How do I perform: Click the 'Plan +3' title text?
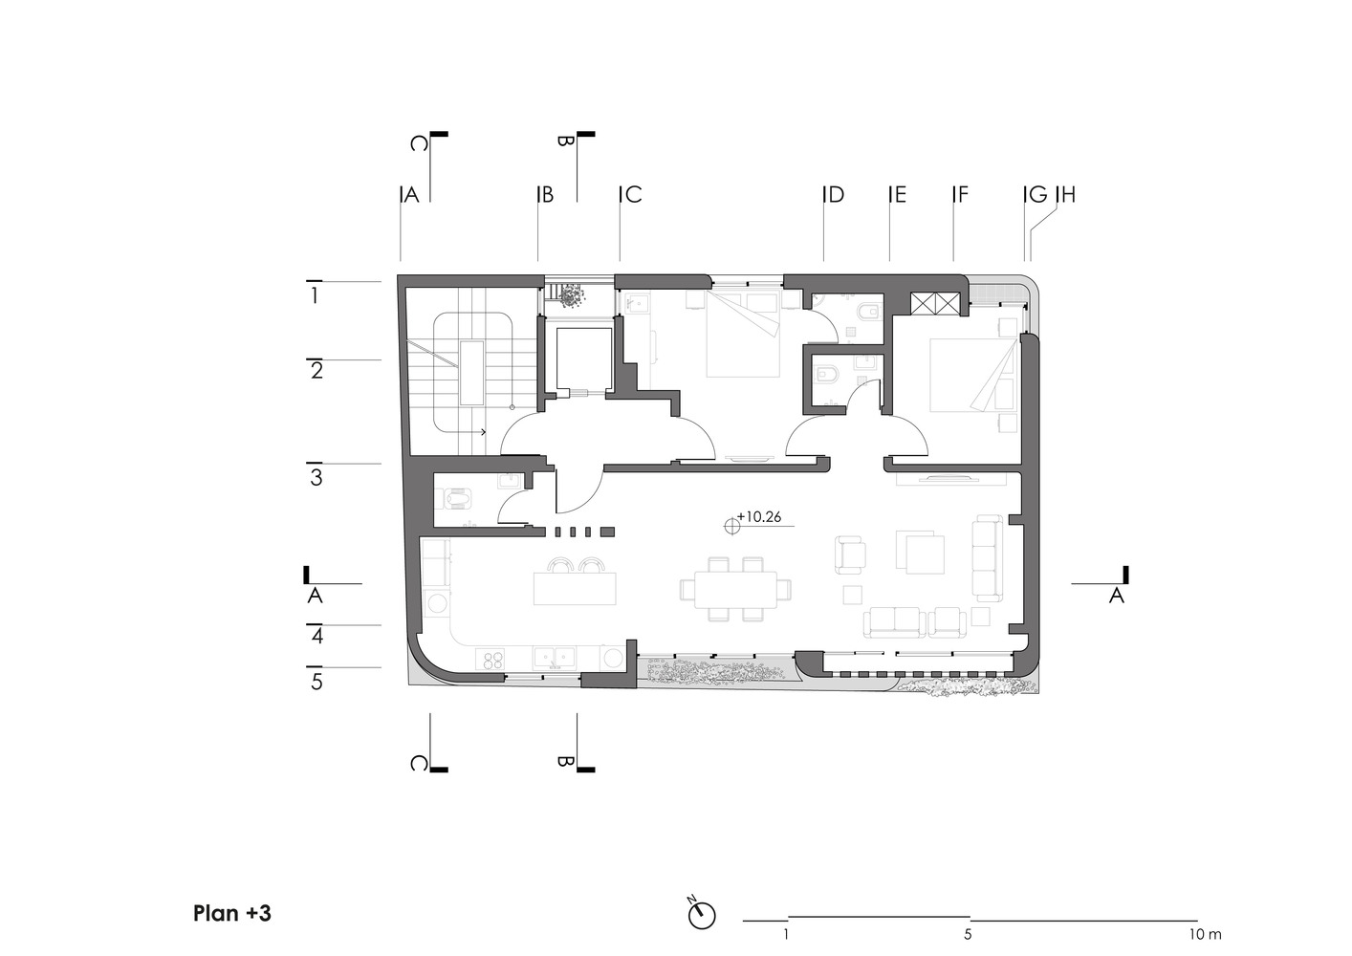coord(232,913)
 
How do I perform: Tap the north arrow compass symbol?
coord(702,916)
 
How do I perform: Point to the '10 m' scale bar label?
coord(1206,935)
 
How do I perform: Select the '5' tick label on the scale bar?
coord(968,935)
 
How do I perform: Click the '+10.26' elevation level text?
coord(759,517)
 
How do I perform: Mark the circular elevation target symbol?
coord(732,527)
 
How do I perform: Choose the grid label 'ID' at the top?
coord(834,194)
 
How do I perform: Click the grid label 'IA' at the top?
coord(410,194)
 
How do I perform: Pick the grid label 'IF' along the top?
coord(960,194)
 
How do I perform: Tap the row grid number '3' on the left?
coord(316,477)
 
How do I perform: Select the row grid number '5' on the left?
coord(316,683)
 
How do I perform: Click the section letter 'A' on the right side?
coord(1117,596)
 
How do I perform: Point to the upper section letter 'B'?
coord(564,141)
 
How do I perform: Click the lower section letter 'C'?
coord(419,764)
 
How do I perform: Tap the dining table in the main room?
coord(735,589)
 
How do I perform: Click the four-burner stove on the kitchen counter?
coord(493,659)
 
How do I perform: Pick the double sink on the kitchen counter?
coord(555,657)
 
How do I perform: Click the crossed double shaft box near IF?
coord(933,303)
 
